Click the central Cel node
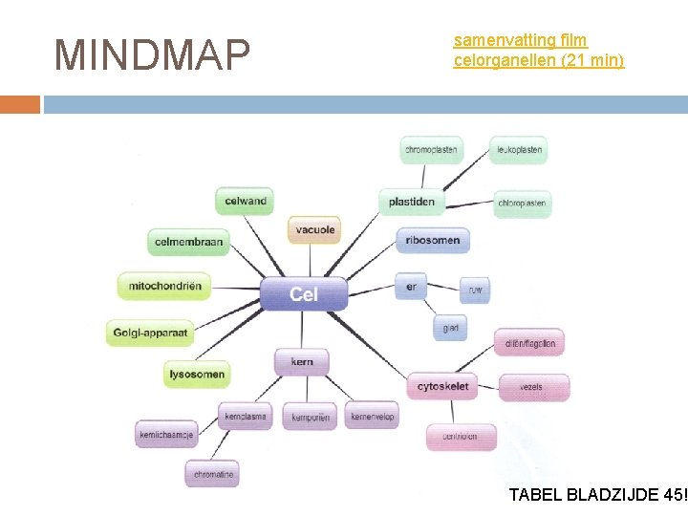click(x=304, y=293)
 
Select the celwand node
click(x=246, y=201)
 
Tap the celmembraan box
click(x=188, y=242)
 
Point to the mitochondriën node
click(x=164, y=286)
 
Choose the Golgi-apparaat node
click(x=152, y=333)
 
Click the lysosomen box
click(x=197, y=375)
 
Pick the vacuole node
click(x=314, y=230)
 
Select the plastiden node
click(x=412, y=202)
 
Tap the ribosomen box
click(x=433, y=240)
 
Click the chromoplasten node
click(x=432, y=150)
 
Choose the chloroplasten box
click(x=523, y=203)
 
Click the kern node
click(x=302, y=362)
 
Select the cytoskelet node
click(x=443, y=387)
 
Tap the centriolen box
click(x=460, y=437)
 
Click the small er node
click(x=411, y=286)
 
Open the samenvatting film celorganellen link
click(x=538, y=51)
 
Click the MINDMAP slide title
click(x=152, y=55)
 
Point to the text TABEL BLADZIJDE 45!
click(x=598, y=495)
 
